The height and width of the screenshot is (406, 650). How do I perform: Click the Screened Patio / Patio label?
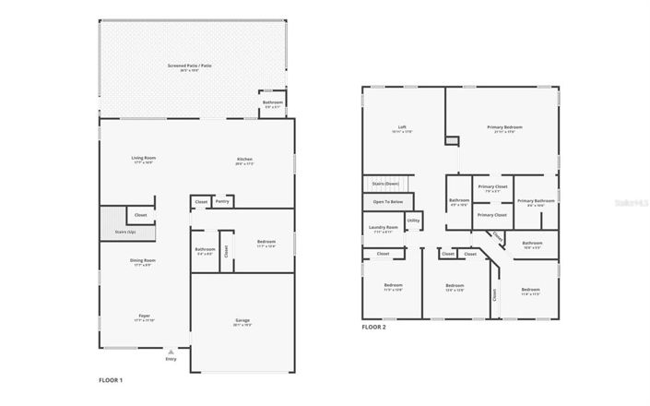click(189, 66)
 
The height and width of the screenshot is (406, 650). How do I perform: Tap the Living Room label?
click(143, 158)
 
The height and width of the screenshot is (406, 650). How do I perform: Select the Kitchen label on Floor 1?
click(244, 159)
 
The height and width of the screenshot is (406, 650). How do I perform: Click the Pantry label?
click(221, 201)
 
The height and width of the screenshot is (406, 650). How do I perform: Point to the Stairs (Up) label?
click(113, 232)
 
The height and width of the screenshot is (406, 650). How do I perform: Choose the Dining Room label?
click(143, 260)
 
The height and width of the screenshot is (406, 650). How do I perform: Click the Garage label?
click(242, 320)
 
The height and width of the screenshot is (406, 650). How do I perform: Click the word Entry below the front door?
click(170, 359)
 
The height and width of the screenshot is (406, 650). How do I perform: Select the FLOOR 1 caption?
click(111, 379)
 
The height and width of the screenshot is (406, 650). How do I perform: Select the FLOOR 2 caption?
click(373, 327)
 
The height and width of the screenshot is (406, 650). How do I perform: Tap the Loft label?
click(402, 127)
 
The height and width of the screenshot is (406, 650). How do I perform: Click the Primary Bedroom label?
click(501, 127)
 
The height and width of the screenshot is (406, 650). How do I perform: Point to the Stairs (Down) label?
click(386, 184)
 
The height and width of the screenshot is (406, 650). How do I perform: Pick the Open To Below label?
click(387, 201)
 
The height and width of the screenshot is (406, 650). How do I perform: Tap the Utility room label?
click(414, 221)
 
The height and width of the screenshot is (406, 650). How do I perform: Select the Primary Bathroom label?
click(535, 200)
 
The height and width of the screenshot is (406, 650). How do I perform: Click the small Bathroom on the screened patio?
click(273, 102)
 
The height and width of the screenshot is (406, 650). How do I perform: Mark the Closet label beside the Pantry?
click(201, 201)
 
